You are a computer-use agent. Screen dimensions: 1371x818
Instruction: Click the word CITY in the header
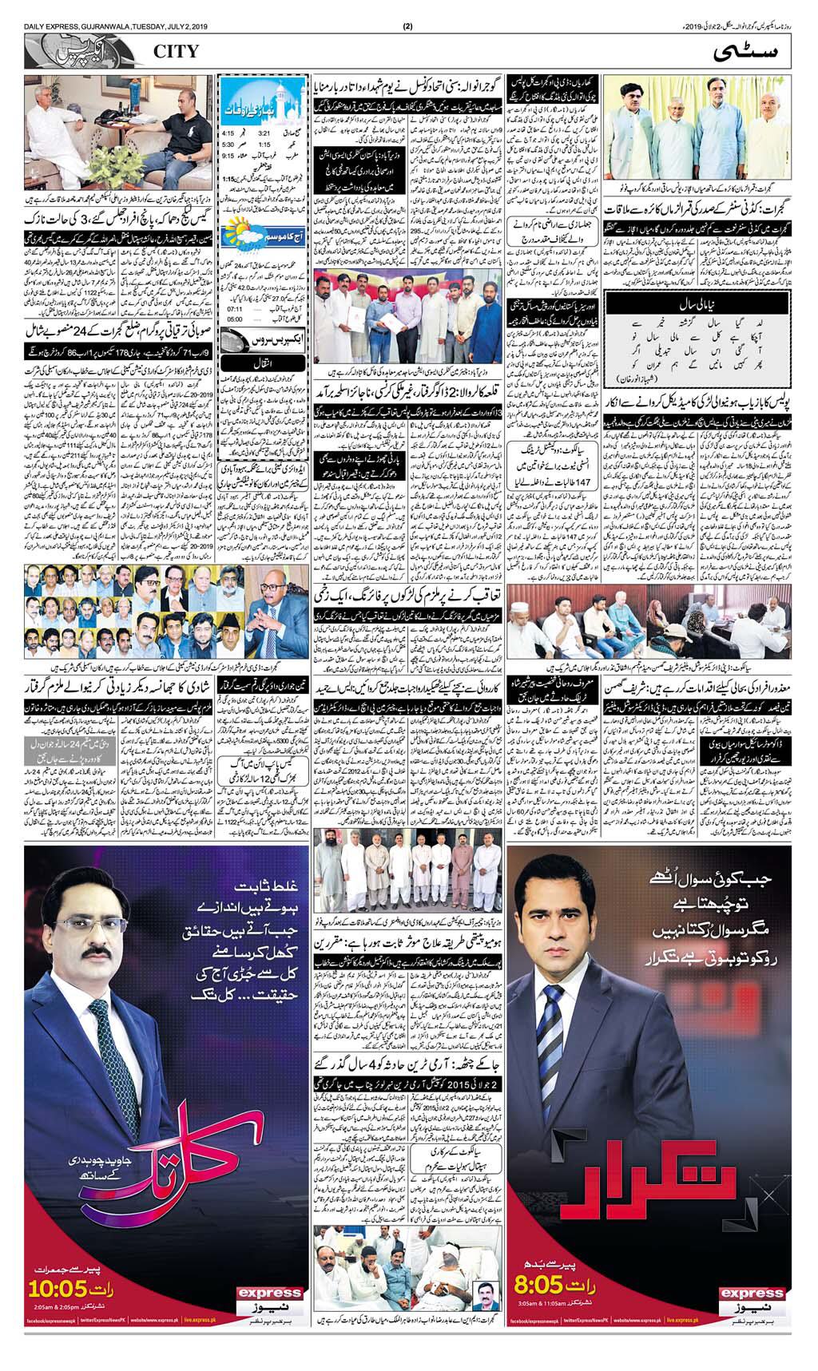coord(173,53)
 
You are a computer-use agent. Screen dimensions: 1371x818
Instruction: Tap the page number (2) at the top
coord(407,7)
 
